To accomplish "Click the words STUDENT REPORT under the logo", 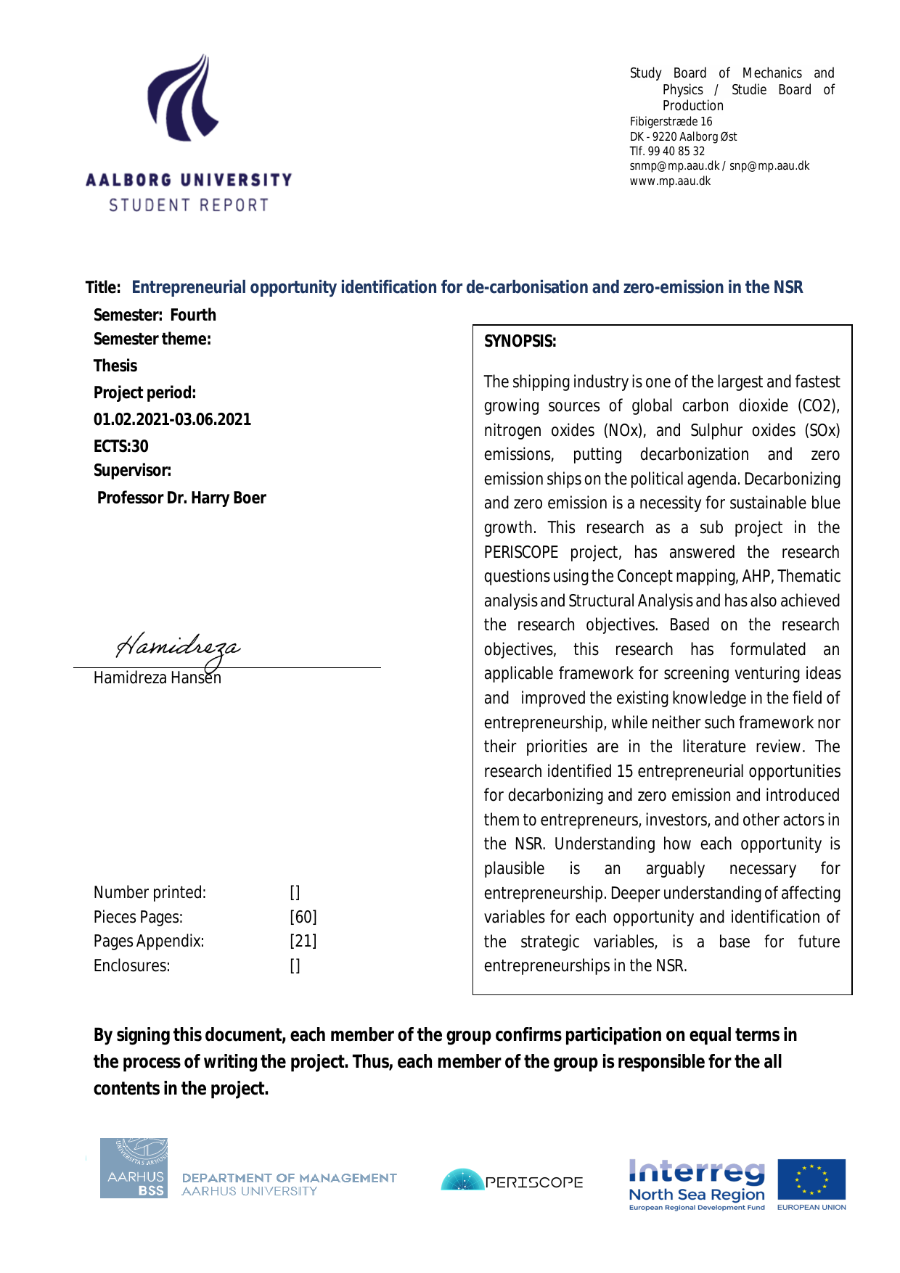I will tap(189, 205).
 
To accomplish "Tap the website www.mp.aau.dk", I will tap(670, 181).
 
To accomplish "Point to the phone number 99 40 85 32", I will tap(676, 151).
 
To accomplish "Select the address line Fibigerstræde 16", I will tap(671, 121).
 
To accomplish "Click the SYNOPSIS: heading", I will tap(520, 342).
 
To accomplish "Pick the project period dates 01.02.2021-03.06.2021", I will tap(172, 419).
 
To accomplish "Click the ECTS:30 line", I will tap(120, 446).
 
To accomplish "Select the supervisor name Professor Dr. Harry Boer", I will tap(181, 498).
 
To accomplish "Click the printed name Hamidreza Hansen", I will tap(157, 677).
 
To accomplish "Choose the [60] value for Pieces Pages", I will tap(303, 917).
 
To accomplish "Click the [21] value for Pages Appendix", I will tap(303, 941).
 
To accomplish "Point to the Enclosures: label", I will tap(131, 965).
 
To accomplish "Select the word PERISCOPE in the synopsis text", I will tap(520, 552).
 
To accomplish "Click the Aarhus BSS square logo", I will tap(134, 1168).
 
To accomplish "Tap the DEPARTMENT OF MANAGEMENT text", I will tap(290, 1178).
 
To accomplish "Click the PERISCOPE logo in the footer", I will tap(512, 1182).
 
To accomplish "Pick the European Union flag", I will tap(811, 1179).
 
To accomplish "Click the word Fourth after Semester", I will tap(193, 315).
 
